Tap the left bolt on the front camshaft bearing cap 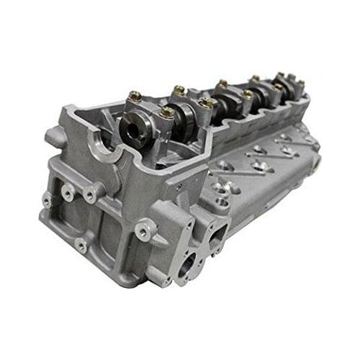pyautogui.click(x=134, y=96)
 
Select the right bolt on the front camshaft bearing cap pyautogui.click(x=166, y=112)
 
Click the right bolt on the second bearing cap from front pyautogui.click(x=207, y=104)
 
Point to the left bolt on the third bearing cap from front pyautogui.click(x=222, y=84)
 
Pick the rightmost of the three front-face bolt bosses pyautogui.click(x=90, y=192)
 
